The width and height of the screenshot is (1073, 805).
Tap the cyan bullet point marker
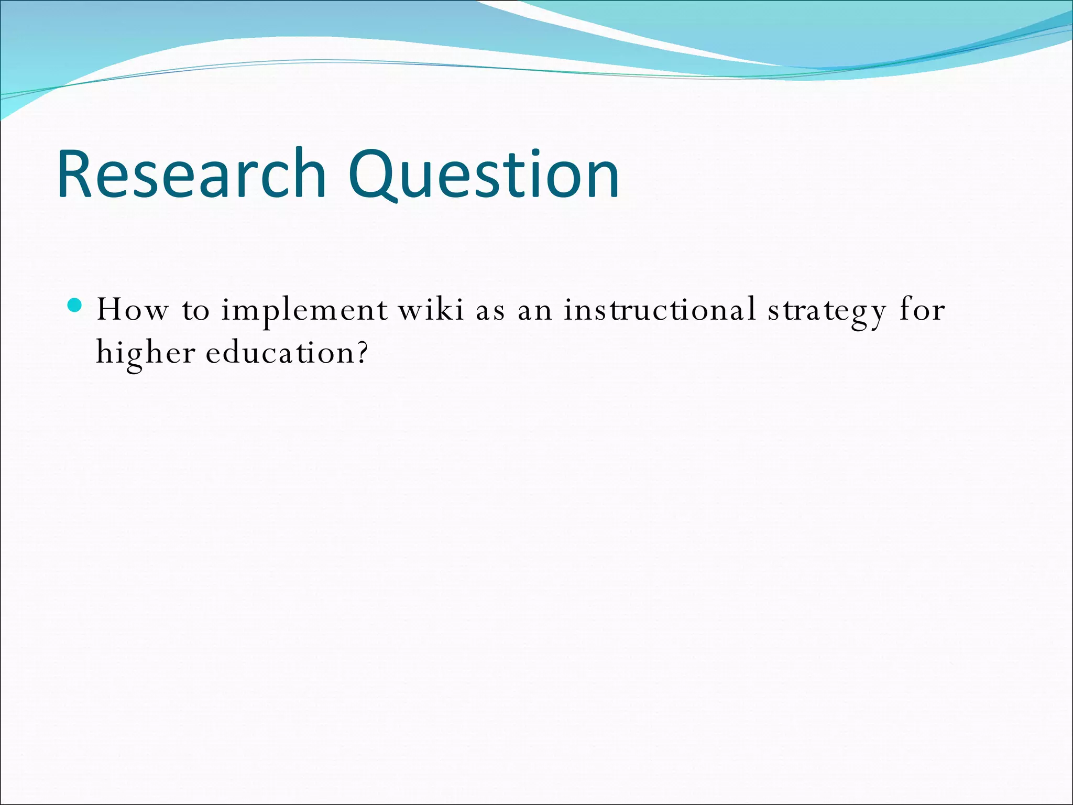75,304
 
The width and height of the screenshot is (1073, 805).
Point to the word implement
304,311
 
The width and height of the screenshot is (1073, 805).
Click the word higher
146,353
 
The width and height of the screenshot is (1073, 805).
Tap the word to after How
195,311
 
